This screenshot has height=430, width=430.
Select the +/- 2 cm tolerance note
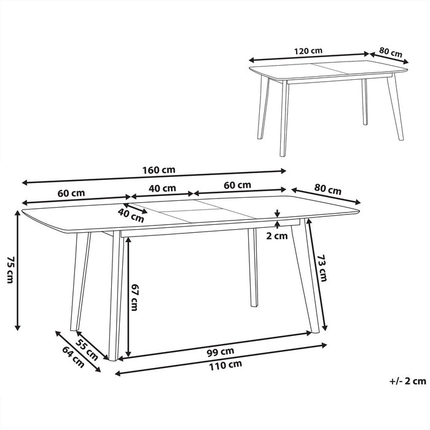click(x=407, y=381)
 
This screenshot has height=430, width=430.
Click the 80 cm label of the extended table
click(x=327, y=188)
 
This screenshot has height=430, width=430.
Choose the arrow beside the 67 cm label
click(x=128, y=297)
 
